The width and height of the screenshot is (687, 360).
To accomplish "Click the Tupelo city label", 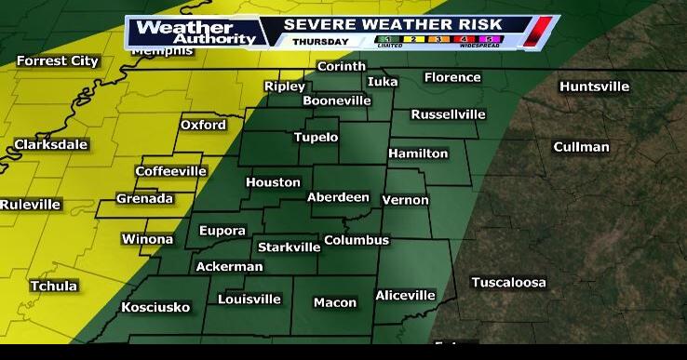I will click(x=317, y=137).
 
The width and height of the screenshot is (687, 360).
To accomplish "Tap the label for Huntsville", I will click(x=594, y=87).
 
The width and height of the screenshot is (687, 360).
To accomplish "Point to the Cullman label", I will click(x=581, y=147).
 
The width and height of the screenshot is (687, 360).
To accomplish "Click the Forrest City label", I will click(x=57, y=60).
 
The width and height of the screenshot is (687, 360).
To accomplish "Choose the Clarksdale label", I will click(x=50, y=144).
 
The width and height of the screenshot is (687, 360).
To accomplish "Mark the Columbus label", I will click(x=356, y=240).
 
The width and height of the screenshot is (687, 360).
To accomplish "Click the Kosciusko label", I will click(x=155, y=306).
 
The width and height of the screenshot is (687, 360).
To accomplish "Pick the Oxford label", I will click(x=203, y=125).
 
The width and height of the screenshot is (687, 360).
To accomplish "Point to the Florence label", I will click(x=452, y=77).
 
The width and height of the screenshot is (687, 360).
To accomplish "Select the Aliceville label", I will click(x=405, y=295).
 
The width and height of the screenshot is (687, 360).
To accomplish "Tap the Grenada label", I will click(x=144, y=198).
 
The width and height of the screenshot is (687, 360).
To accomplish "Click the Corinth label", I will click(x=342, y=67).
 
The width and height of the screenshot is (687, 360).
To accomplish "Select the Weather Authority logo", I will click(x=195, y=32).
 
